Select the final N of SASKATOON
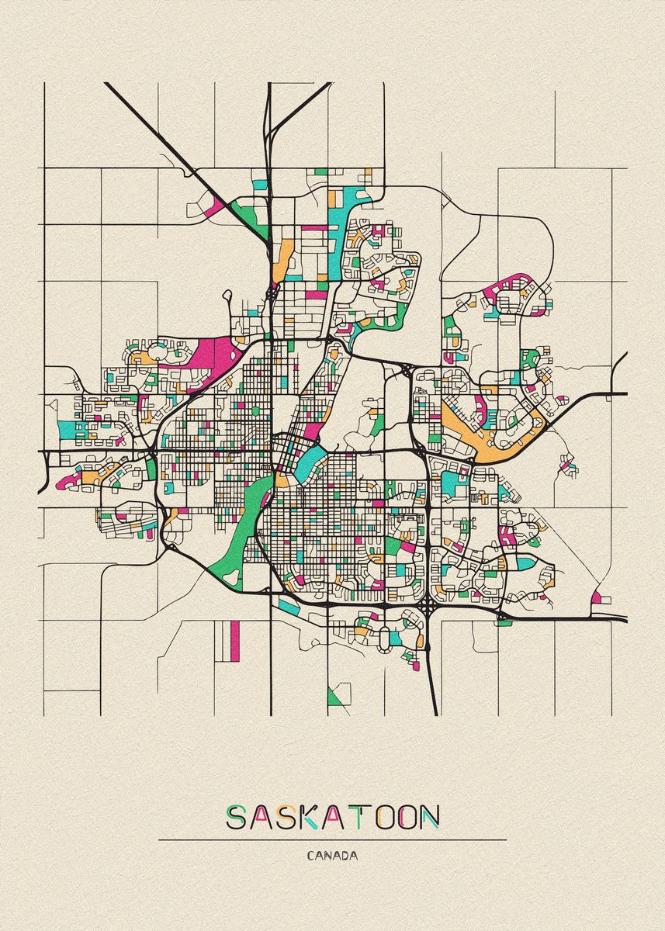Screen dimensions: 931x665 pos(428,817)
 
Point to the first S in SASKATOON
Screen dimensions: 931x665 pos(236,817)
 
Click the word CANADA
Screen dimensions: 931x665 pos(332,857)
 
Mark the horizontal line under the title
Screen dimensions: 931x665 pos(332,839)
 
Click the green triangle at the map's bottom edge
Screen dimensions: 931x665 pos(335,697)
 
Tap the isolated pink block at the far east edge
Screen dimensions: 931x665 pos(596,597)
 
